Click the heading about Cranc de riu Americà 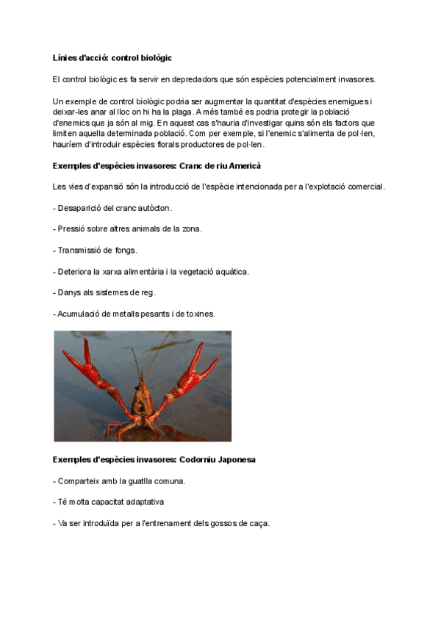(x=157, y=166)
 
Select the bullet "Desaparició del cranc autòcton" (x=112, y=209)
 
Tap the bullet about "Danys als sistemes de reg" (x=104, y=292)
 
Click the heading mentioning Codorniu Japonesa (x=154, y=460)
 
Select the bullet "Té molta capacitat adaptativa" (x=108, y=502)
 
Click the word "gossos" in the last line (x=227, y=523)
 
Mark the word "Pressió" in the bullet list (x=71, y=229)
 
